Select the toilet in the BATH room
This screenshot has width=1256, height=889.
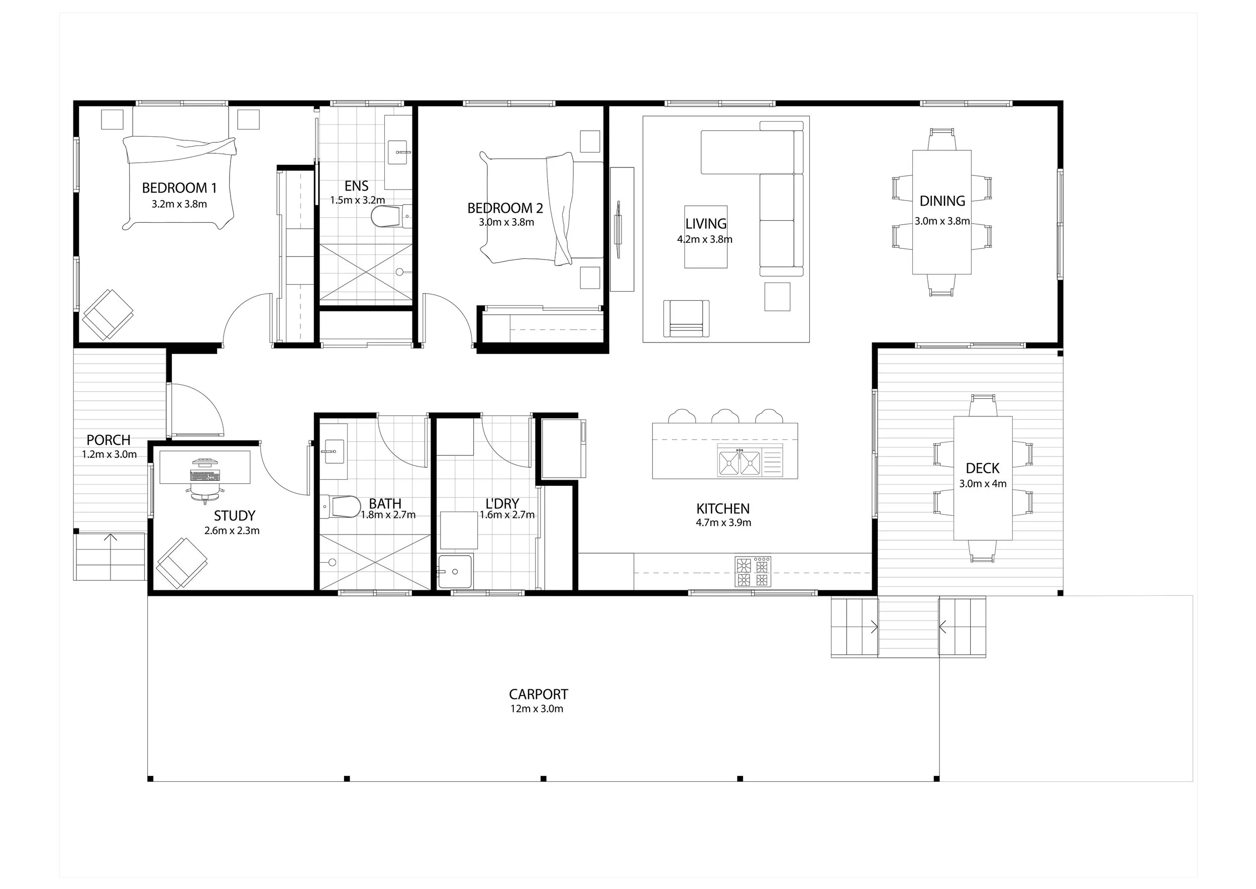click(340, 506)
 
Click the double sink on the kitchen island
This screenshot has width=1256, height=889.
click(740, 462)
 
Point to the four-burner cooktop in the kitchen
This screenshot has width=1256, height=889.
click(753, 572)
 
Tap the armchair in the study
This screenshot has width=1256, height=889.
click(181, 563)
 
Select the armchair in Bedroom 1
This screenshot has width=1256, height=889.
click(108, 315)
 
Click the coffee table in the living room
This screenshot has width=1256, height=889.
click(706, 236)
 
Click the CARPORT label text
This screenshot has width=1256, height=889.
click(538, 694)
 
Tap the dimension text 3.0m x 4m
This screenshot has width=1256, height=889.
click(983, 484)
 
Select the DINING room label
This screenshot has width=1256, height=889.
click(942, 201)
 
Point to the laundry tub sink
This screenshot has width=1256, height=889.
click(455, 572)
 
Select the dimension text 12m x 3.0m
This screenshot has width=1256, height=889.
click(537, 709)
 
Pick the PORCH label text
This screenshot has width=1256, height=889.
click(109, 440)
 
